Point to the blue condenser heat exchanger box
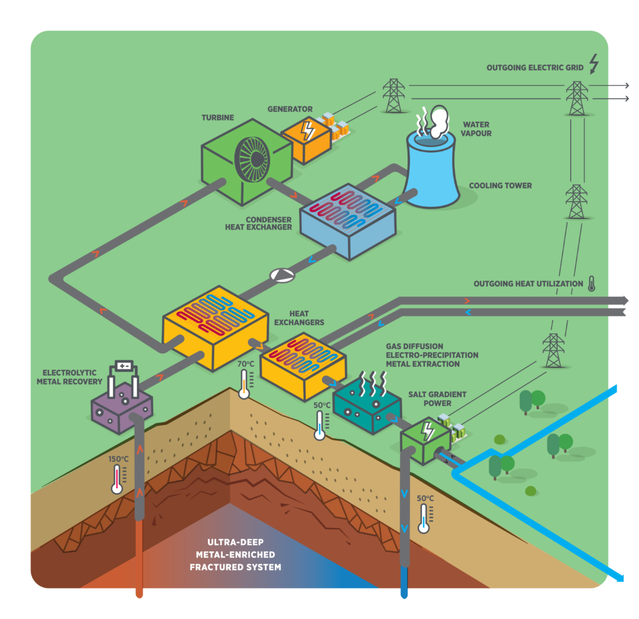pyautogui.click(x=347, y=220)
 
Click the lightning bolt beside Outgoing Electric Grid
pyautogui.click(x=594, y=65)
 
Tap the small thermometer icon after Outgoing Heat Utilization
pyautogui.click(x=591, y=284)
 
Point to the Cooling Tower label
pyautogui.click(x=500, y=186)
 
